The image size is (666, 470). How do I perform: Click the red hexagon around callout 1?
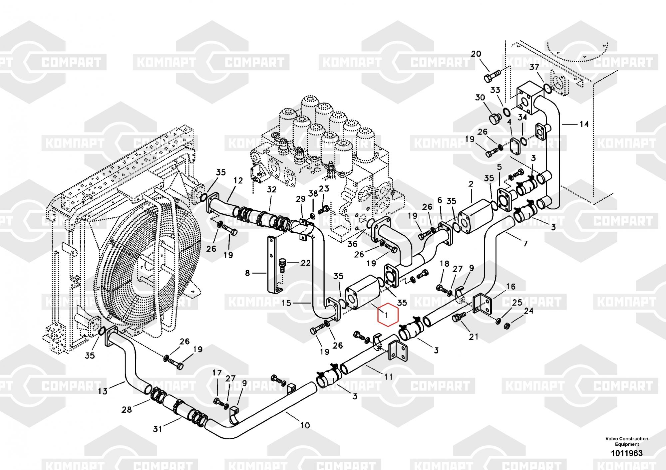387,314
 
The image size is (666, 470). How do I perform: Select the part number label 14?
584,124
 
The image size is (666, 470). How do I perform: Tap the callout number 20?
476,54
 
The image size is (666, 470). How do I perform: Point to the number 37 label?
534,68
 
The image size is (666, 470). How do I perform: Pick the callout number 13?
103,391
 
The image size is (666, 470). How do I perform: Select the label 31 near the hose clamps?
157,429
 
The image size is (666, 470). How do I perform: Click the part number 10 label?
305,425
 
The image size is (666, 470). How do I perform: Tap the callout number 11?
388,377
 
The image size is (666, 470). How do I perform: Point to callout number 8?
247,273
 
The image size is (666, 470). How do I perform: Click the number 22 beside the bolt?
305,263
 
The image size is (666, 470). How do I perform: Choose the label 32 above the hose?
272,189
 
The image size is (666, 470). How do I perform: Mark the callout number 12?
238,181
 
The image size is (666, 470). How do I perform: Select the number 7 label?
525,244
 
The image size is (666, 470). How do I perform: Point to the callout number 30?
480,98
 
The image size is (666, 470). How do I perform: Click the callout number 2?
471,184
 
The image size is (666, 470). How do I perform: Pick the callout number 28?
127,409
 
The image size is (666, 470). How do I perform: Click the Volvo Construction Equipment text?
627,441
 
